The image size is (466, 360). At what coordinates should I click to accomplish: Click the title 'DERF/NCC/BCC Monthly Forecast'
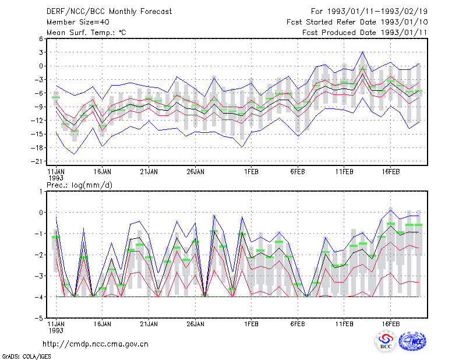tap(109, 12)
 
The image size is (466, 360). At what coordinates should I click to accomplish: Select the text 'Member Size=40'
tap(78, 22)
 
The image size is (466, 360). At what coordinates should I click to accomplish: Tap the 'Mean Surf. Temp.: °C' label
tap(86, 33)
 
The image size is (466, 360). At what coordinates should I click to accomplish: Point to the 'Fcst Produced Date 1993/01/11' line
tap(365, 33)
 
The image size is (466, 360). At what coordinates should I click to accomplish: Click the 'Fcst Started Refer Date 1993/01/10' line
tap(357, 22)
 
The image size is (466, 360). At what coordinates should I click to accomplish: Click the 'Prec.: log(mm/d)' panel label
tap(79, 185)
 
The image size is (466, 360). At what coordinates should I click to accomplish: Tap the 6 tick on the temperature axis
tap(41, 38)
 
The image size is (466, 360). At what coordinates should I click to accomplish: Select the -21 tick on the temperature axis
tap(37, 161)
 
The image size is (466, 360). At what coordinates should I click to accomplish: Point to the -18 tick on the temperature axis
tap(37, 148)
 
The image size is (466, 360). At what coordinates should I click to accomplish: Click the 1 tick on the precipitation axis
tap(41, 192)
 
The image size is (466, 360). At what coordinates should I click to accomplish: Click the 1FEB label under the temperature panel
tap(251, 172)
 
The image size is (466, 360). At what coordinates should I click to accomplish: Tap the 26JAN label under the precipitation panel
tap(195, 324)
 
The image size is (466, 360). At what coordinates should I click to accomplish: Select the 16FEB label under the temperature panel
tap(390, 172)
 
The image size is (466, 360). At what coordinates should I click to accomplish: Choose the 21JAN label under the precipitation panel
tap(149, 324)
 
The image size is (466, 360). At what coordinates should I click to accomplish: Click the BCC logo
tap(386, 341)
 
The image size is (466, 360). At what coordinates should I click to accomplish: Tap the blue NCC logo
tap(412, 341)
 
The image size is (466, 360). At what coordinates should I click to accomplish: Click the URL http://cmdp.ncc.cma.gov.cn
tap(96, 344)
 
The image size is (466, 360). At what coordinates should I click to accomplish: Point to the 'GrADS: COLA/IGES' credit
tap(26, 357)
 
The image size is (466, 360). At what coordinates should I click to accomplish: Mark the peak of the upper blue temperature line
tap(362, 52)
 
